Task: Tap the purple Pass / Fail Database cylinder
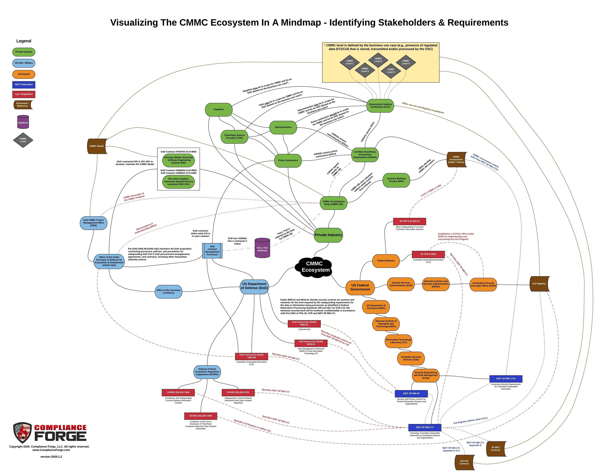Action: (x=262, y=248)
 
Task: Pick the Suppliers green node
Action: (x=218, y=109)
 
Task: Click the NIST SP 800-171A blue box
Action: (x=506, y=379)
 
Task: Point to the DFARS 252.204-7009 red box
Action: (x=201, y=416)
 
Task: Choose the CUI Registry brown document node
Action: (x=539, y=284)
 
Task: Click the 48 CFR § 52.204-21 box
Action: (x=409, y=221)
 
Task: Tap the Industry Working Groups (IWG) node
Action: (x=396, y=180)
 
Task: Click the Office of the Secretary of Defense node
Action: (x=168, y=291)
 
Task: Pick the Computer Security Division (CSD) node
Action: (x=411, y=358)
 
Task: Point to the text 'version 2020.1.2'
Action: (x=51, y=457)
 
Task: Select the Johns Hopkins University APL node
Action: (x=178, y=182)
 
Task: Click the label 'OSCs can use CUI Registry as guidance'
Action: (x=423, y=108)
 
